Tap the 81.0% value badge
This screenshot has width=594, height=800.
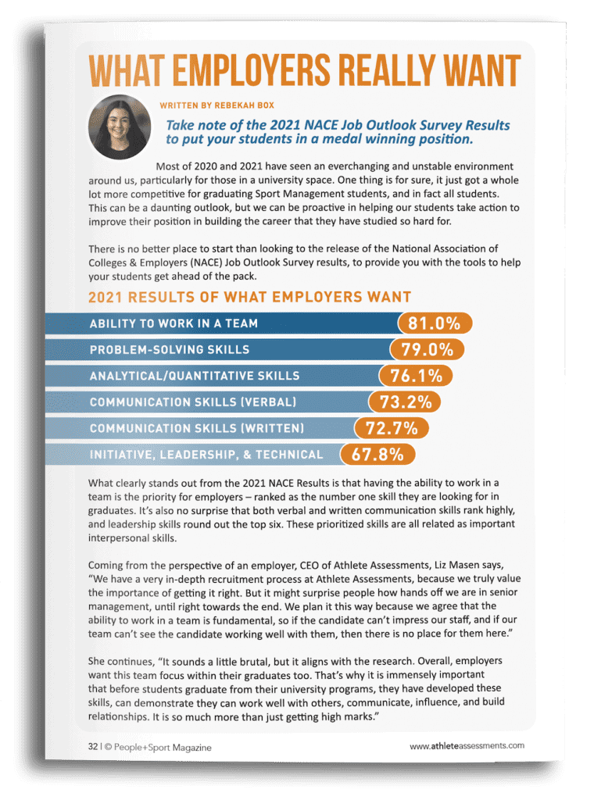435,323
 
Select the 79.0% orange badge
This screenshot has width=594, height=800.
426,348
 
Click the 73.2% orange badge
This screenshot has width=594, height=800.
404,402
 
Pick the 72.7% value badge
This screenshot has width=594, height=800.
392,427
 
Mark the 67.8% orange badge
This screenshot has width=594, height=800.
378,454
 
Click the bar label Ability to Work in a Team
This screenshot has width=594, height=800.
174,323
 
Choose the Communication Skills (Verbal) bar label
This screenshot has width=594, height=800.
193,402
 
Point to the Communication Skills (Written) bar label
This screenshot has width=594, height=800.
197,428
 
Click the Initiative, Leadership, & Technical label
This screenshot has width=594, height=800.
206,455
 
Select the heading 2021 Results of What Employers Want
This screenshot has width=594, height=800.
249,297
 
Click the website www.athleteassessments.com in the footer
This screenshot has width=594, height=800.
467,747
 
